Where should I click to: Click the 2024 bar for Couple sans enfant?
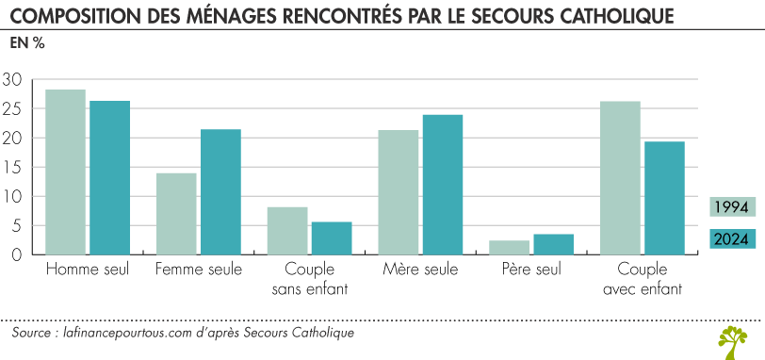point(331,237)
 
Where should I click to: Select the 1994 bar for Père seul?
point(510,247)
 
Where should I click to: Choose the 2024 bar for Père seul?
point(553,244)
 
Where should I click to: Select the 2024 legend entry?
point(730,238)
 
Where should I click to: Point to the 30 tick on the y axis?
point(12,79)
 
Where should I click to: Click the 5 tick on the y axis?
point(15,225)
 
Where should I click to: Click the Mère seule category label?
point(420,270)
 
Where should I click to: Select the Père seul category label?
point(531,270)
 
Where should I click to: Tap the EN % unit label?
point(26,43)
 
